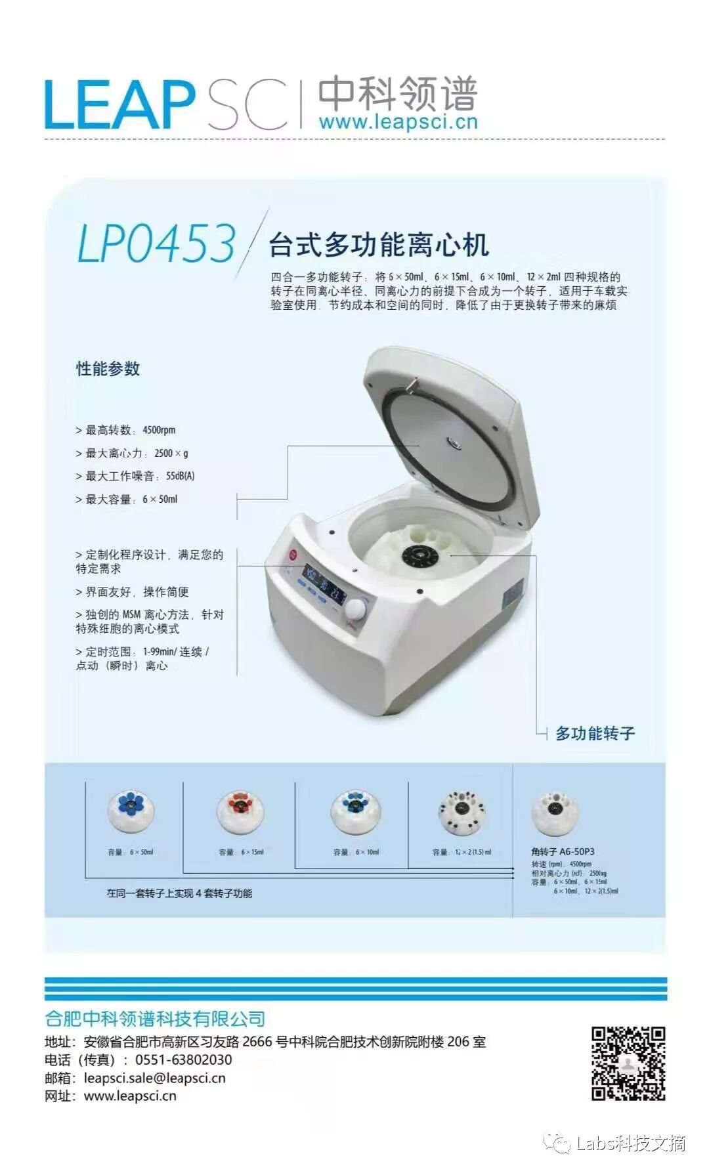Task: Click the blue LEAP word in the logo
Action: click(x=118, y=105)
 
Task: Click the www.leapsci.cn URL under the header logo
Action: click(x=398, y=122)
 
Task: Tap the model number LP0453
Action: click(x=156, y=244)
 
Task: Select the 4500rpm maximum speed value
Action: click(x=159, y=430)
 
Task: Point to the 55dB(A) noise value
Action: click(x=180, y=476)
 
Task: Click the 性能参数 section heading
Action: click(x=108, y=369)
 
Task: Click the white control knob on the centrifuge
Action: click(x=356, y=609)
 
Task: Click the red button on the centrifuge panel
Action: click(x=293, y=555)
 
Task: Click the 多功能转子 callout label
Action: click(x=595, y=733)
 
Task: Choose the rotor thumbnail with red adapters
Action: click(x=240, y=811)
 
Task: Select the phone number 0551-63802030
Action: click(x=183, y=1059)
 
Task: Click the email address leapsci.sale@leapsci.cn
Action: click(x=154, y=1078)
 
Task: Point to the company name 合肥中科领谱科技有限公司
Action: click(x=155, y=1018)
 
